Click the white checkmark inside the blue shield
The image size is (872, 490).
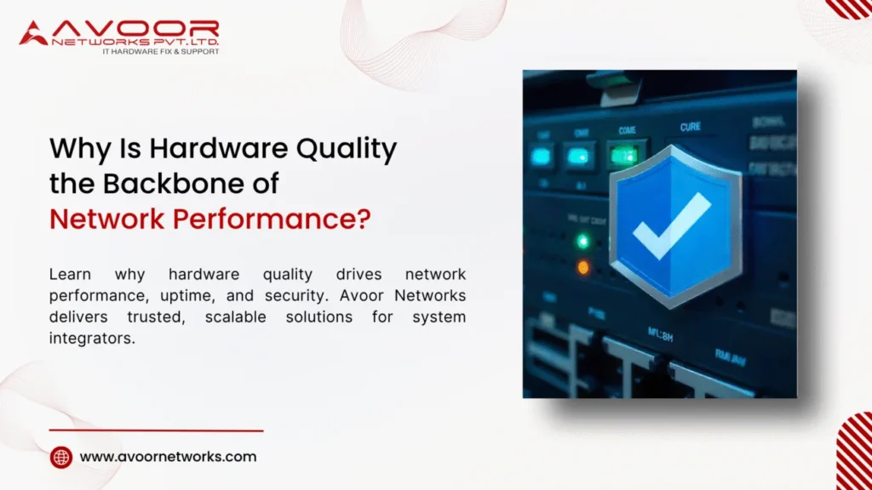pos(671,225)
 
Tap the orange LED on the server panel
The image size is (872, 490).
pos(582,267)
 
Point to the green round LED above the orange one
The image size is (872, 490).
pos(582,241)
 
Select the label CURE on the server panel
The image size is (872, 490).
pos(690,127)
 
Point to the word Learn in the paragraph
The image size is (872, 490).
pos(71,275)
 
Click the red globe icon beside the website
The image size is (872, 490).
pos(61,457)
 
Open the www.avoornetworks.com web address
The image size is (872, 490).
pos(168,456)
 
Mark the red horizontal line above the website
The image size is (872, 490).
pos(156,430)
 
